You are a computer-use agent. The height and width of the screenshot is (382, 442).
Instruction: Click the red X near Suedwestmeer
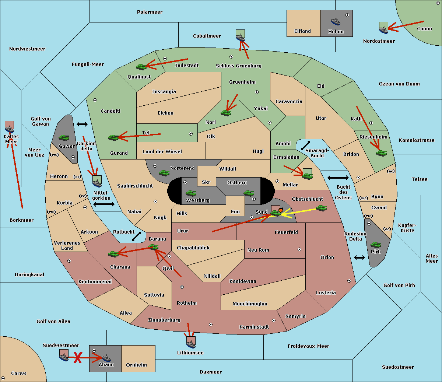(77, 358)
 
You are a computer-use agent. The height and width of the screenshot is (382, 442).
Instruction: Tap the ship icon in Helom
(335, 21)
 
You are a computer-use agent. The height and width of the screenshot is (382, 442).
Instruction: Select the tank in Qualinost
(141, 67)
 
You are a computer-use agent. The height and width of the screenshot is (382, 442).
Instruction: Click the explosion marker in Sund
(281, 210)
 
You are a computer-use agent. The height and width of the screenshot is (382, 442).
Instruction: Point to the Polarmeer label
(150, 12)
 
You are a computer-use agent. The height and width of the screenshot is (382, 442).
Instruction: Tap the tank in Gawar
(64, 138)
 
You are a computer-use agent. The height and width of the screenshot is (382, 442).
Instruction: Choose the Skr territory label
(206, 182)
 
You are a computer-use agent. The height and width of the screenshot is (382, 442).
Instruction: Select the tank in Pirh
(376, 245)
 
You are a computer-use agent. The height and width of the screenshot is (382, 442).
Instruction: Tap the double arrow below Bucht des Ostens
(359, 257)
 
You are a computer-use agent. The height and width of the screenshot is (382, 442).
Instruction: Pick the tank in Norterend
(164, 173)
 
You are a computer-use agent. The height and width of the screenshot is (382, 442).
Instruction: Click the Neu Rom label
(258, 250)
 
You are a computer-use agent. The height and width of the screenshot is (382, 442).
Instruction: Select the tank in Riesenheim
(381, 153)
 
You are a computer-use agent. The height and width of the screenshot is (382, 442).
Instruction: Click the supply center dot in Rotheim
(182, 287)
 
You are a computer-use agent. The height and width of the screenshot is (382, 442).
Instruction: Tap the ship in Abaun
(106, 358)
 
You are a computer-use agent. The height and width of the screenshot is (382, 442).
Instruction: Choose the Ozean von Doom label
(399, 84)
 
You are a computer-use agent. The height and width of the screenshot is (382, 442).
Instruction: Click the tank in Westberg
(191, 193)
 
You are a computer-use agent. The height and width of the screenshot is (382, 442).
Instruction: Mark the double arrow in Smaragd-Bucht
(305, 146)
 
